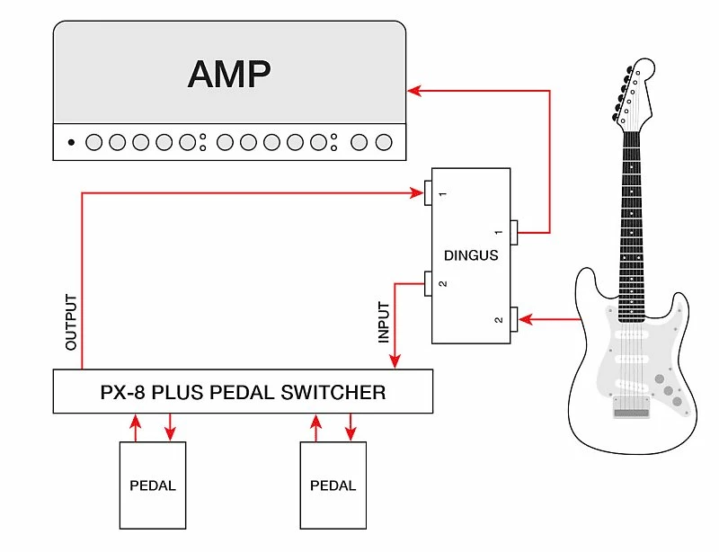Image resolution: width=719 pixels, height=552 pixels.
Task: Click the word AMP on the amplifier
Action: (x=228, y=74)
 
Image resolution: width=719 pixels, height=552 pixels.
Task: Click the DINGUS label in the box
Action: (x=471, y=255)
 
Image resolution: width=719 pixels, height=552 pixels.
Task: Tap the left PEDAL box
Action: (x=153, y=485)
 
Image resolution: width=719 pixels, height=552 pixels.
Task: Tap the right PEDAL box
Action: (x=333, y=485)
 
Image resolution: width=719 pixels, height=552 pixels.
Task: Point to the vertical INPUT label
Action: (x=385, y=322)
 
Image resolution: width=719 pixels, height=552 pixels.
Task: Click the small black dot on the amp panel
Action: (x=71, y=142)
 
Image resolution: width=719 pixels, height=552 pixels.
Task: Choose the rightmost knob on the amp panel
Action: (x=384, y=142)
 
